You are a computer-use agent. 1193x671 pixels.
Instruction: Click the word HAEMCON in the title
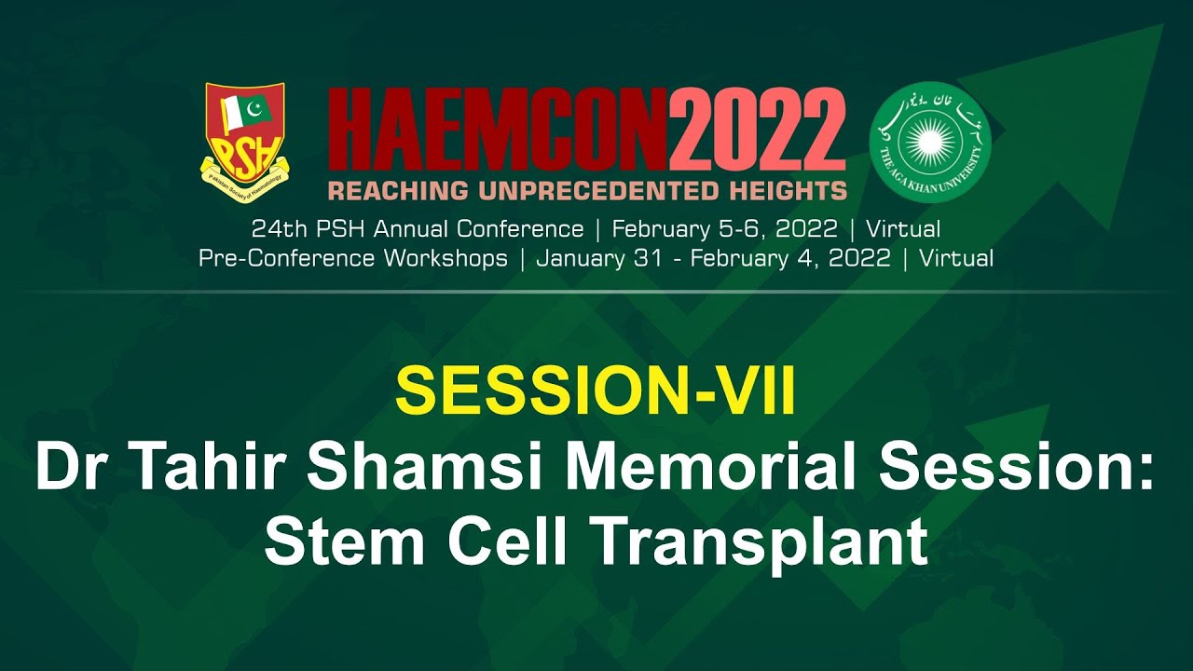(x=498, y=131)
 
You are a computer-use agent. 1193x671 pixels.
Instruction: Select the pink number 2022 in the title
(x=757, y=131)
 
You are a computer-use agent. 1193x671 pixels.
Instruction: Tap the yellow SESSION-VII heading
(x=596, y=391)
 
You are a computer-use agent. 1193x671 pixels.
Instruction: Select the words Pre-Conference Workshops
(x=353, y=258)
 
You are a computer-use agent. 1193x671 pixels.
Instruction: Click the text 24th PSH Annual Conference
(x=418, y=228)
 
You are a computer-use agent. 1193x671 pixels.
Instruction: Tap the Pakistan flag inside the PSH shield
(x=245, y=112)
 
